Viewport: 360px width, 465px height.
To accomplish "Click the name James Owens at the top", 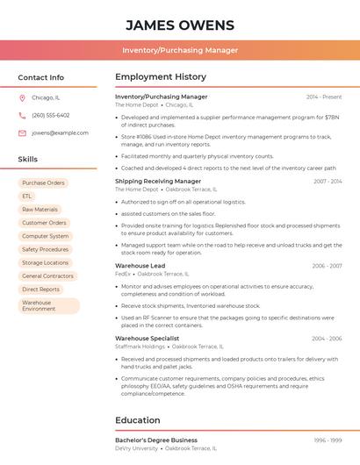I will [179, 25].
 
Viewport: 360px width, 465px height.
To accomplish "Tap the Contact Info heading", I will [41, 77].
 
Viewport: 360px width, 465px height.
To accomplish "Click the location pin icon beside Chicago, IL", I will [22, 97].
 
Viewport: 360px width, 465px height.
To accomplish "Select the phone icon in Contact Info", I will [22, 115].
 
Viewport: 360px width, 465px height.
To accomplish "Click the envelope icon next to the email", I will [22, 132].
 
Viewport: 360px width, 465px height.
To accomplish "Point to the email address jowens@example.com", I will [60, 132].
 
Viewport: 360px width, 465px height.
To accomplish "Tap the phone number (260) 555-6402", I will [50, 115].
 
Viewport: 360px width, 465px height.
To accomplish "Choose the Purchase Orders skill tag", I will [43, 183].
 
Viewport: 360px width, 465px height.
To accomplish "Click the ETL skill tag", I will [27, 197].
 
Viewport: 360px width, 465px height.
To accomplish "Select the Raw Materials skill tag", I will [40, 210].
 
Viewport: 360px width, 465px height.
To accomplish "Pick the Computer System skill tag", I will [45, 236].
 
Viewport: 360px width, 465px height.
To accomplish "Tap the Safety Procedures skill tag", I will [45, 249].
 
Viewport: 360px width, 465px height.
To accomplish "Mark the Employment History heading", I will [160, 77].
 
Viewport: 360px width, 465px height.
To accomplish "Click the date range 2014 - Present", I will [324, 97].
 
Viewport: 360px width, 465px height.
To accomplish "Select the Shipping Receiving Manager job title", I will [158, 181].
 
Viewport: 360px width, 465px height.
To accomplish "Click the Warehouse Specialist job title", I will [147, 338].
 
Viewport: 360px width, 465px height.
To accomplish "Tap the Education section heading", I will [137, 420].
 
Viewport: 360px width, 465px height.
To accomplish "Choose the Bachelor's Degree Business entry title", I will [156, 440].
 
